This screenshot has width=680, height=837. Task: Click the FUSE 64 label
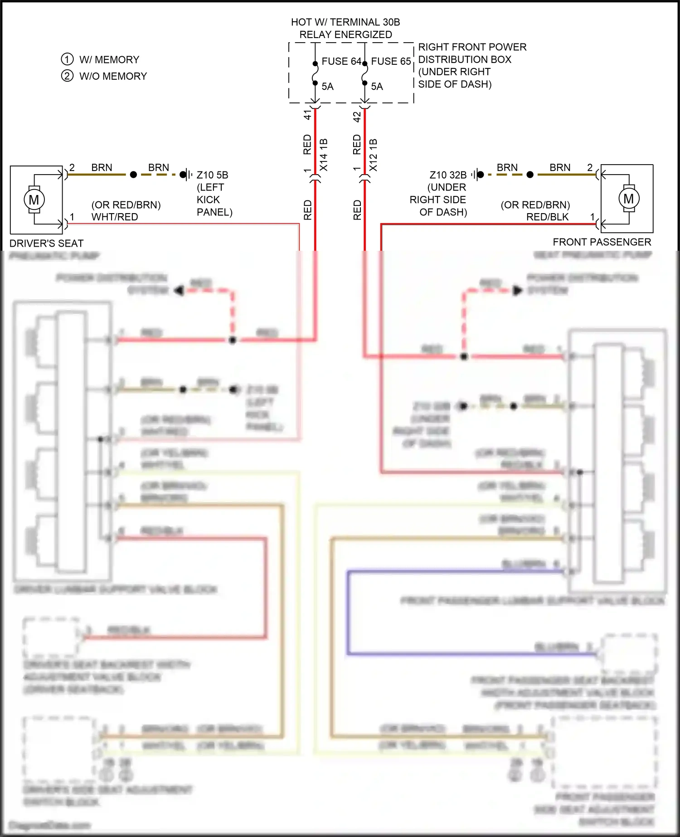341,61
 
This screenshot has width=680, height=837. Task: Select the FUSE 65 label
391,61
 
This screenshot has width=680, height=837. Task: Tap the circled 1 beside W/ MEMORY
67,59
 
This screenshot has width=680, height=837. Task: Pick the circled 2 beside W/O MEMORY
67,76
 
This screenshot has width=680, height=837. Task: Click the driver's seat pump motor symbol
34,200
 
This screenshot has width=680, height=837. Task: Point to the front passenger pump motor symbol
628,199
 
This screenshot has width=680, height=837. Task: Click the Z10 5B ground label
212,175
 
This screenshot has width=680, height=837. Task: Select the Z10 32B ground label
448,175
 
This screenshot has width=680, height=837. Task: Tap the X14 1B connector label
324,155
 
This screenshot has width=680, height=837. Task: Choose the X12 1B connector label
373,155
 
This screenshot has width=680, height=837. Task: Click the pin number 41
308,115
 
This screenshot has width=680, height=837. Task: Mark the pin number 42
357,117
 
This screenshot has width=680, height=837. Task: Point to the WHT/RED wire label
115,217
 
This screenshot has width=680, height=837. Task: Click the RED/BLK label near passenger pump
547,217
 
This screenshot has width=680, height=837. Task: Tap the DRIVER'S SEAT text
46,243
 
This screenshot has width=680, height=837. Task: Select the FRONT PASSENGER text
602,242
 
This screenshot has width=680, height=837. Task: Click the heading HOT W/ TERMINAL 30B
345,22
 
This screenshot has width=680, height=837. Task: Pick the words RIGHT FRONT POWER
472,47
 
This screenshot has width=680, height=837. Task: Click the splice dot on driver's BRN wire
133,175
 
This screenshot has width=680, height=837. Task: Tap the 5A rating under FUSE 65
377,87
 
